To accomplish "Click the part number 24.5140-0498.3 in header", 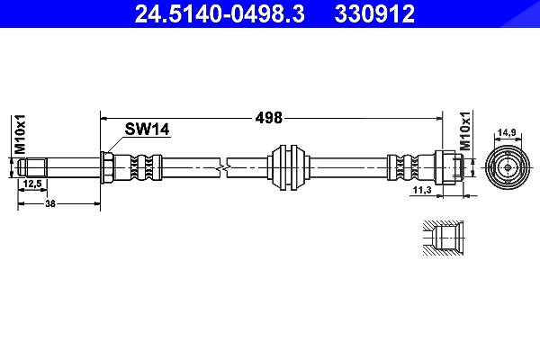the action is [220, 13].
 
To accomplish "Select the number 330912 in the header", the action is [374, 13].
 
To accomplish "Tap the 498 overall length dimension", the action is [268, 118].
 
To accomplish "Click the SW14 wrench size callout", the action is [147, 130].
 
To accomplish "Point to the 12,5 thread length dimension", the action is [32, 184].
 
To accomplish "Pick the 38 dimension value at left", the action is [50, 203].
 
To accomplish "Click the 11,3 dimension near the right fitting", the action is [422, 190].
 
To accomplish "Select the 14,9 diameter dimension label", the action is [506, 132].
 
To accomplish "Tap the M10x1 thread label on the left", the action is [20, 134].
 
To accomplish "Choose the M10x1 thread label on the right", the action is [465, 131].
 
